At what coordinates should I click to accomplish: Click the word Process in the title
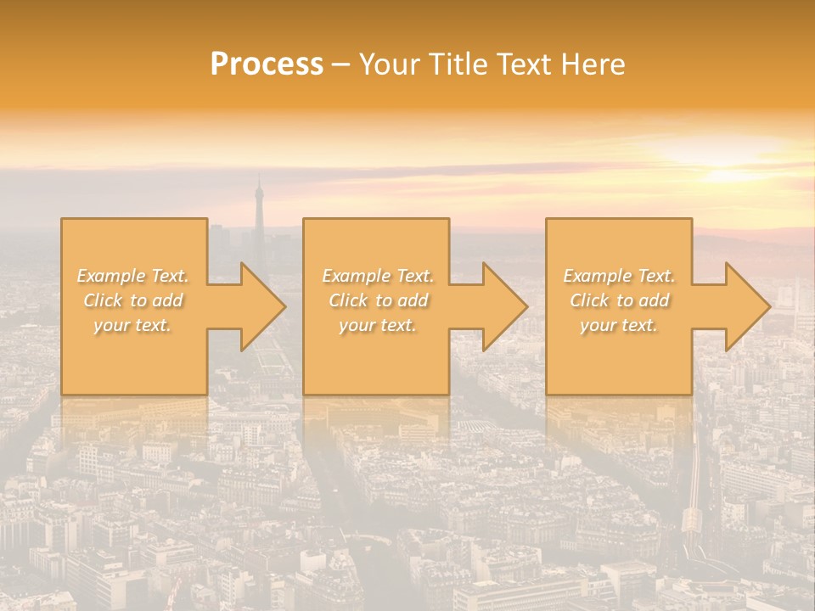tap(267, 64)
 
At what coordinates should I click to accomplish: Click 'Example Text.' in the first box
tap(132, 276)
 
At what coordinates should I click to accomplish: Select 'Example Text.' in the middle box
tap(378, 276)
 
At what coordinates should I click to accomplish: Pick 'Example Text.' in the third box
tap(619, 276)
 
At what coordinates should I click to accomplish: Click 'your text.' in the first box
tap(132, 325)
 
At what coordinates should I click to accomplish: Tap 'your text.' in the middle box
tap(378, 325)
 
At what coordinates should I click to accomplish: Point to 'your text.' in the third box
tap(619, 325)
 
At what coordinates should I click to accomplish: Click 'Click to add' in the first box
tap(132, 300)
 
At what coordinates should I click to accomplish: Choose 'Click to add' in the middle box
tap(378, 300)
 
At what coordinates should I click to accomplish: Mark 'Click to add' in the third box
tap(619, 300)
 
